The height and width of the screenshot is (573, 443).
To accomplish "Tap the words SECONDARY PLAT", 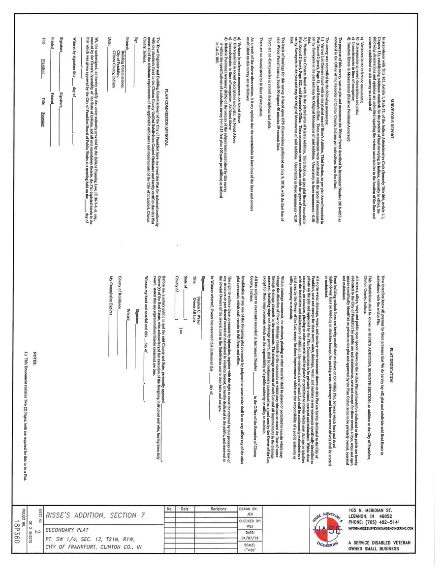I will click(x=64, y=530).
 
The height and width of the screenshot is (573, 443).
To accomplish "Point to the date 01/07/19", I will click(x=250, y=538).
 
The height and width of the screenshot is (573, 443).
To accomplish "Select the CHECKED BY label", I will click(x=250, y=520).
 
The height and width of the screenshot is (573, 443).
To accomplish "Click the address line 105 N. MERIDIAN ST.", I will click(x=370, y=511).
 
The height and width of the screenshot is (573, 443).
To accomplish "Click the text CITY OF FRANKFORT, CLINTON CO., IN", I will click(x=93, y=546).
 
